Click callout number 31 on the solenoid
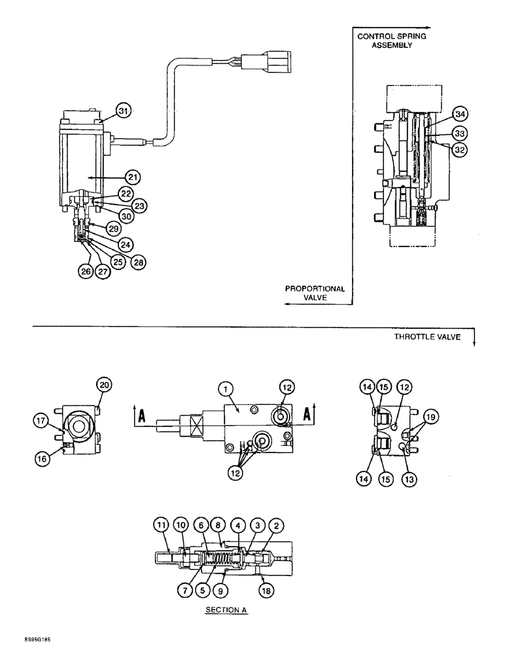[x=123, y=111]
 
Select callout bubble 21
[x=133, y=177]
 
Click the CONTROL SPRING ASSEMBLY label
[x=391, y=41]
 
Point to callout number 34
[x=461, y=114]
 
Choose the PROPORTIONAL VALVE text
[x=315, y=292]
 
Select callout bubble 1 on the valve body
[x=226, y=390]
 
